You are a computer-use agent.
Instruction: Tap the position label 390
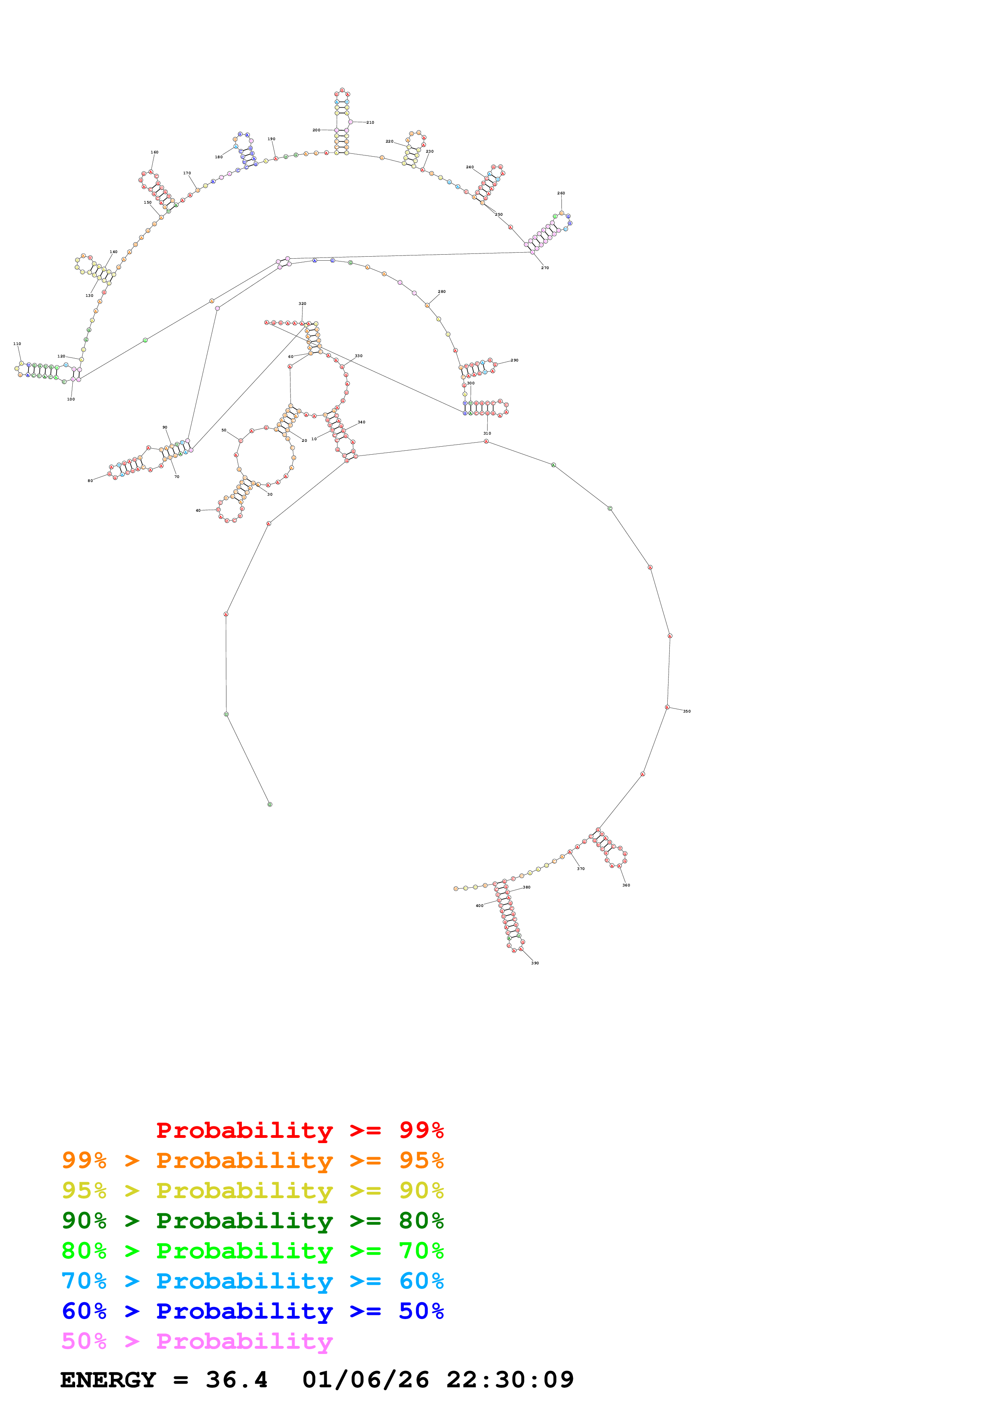[535, 963]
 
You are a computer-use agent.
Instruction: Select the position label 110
[17, 344]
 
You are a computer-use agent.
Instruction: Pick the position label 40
[198, 511]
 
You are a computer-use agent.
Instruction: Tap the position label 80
[90, 481]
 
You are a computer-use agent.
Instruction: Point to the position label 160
[155, 152]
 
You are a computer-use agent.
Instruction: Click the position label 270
[545, 268]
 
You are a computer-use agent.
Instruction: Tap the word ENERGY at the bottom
[108, 1380]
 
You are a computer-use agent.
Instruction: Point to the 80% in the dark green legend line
[421, 1221]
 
